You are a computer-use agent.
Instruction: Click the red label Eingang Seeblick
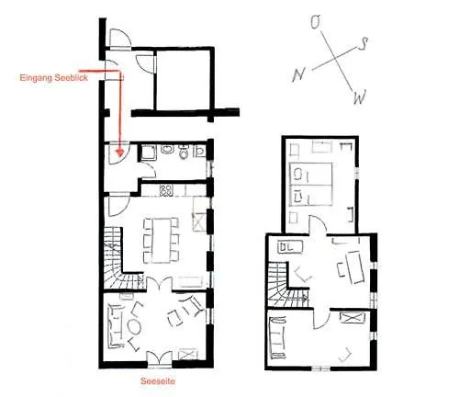coord(54,78)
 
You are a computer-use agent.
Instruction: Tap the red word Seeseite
coord(158,381)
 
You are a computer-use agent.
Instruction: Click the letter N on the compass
coord(299,74)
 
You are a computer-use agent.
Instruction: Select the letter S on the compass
coord(363,44)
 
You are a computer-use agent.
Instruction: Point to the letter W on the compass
coord(360,97)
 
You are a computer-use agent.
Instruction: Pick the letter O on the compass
coord(316,22)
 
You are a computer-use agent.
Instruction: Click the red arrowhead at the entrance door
coord(120,152)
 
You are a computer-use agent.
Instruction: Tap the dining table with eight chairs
coord(161,240)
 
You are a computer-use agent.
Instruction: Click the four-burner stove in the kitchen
coord(166,190)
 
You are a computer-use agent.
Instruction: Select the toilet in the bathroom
coord(184,153)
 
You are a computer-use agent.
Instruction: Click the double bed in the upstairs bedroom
coord(310,184)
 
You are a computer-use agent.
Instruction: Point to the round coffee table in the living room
coord(134,327)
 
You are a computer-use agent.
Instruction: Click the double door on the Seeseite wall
coord(160,358)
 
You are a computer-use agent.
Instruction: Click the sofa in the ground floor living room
coord(115,325)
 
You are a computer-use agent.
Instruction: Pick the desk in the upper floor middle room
coord(355,267)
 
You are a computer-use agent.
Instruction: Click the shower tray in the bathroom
coord(149,153)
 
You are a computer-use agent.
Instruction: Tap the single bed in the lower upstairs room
coord(277,338)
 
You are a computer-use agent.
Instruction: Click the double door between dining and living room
coord(159,284)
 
